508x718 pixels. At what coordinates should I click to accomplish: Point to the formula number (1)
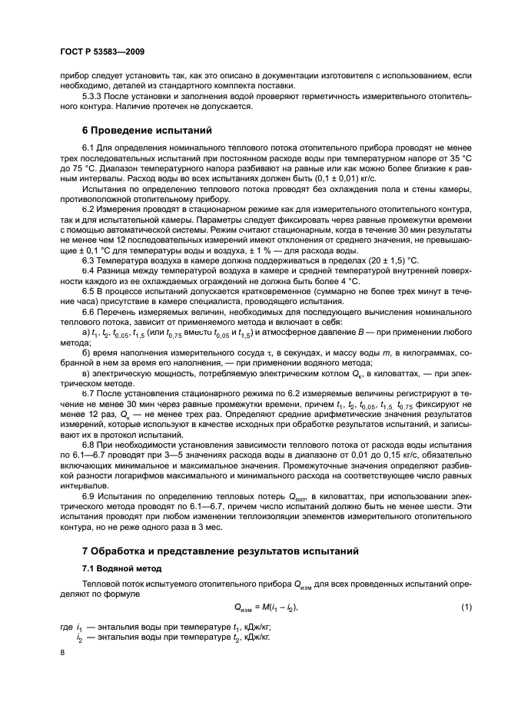pos(466,608)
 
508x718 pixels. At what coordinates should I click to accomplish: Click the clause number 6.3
pos(88,260)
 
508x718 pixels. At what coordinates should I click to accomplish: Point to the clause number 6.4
pos(88,270)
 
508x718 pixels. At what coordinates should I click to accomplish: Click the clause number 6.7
pos(88,392)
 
